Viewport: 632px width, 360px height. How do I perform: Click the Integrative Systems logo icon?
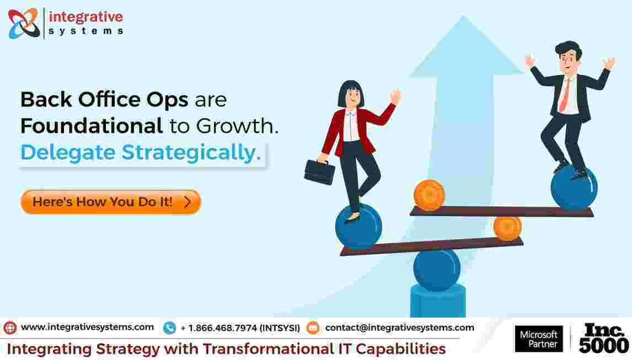[24, 23]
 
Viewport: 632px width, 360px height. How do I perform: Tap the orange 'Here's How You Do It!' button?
[111, 202]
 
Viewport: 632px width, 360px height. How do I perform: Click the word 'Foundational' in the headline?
[92, 126]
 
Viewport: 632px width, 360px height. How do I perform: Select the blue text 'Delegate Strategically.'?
[141, 153]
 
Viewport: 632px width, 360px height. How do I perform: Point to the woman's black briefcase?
[320, 172]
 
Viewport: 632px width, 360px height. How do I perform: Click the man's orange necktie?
[564, 95]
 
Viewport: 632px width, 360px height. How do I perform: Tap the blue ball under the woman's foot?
[358, 227]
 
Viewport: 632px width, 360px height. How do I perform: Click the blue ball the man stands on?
[574, 188]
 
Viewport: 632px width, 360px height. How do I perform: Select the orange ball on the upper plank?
[429, 195]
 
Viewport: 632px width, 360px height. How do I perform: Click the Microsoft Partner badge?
[539, 338]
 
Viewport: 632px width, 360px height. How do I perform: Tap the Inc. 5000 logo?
[603, 338]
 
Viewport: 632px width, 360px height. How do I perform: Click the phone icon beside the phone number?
[169, 328]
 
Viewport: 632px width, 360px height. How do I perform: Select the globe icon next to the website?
[10, 328]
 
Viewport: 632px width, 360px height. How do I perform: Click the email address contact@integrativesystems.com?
[399, 328]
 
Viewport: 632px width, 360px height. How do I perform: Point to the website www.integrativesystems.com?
[87, 327]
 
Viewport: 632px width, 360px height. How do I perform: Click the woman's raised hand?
[395, 96]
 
